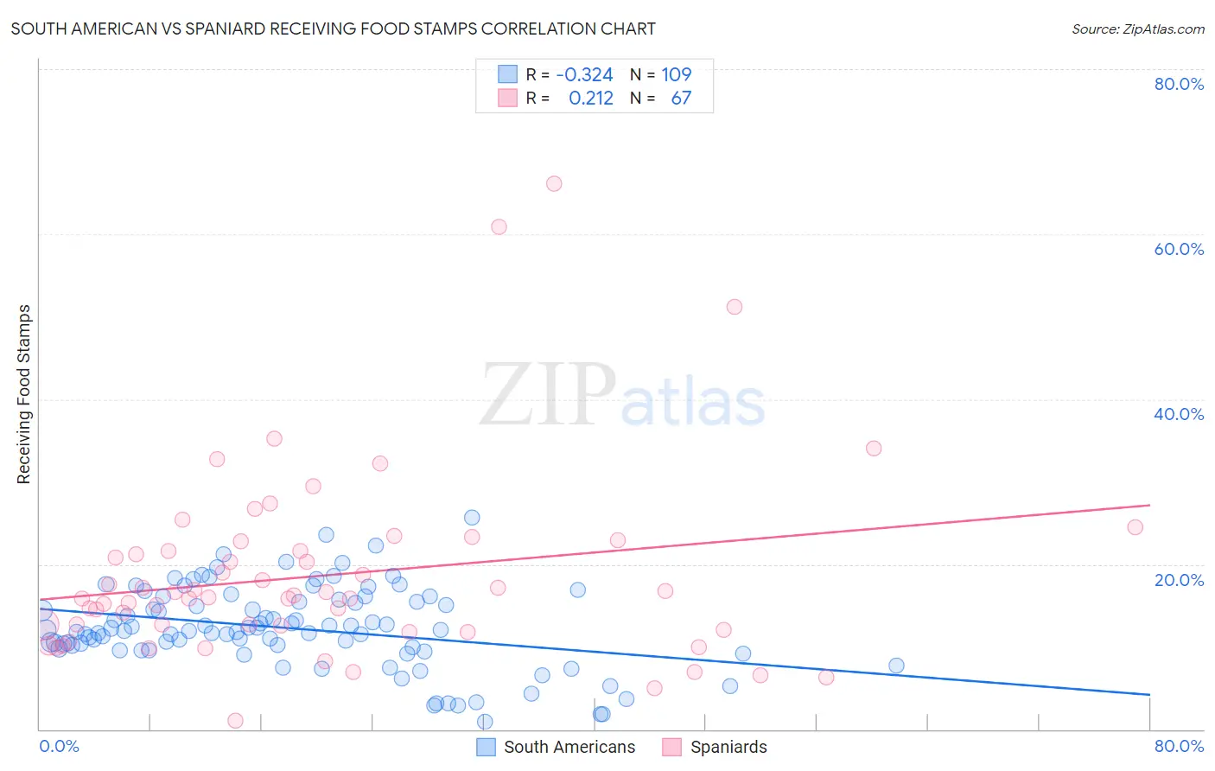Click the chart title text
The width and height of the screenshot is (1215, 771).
pos(333,29)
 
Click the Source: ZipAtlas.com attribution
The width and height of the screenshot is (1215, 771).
pos(1137,29)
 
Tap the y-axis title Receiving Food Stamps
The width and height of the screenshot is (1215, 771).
pos(23,394)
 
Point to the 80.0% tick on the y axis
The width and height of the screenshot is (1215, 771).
pos(1179,84)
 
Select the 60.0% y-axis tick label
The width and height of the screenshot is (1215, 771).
pos(1179,249)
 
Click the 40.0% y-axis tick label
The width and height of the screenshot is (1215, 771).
pos(1179,414)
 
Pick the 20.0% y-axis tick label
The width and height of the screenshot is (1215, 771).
pos(1179,579)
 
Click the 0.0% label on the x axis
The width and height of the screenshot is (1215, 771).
pos(59,746)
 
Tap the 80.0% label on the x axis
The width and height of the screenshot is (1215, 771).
pos(1179,746)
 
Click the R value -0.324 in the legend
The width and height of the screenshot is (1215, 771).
pos(584,75)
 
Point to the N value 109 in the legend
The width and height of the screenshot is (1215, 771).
pos(676,75)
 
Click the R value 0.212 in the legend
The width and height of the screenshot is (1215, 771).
pos(590,99)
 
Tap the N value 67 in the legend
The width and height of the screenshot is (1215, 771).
pos(681,99)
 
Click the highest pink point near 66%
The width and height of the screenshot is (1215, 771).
pos(554,183)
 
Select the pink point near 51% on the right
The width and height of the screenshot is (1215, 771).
pos(735,307)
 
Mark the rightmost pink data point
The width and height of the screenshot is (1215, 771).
pos(1135,527)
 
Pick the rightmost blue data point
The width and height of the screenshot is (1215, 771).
pos(896,666)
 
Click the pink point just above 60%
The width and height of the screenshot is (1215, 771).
pos(499,227)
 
